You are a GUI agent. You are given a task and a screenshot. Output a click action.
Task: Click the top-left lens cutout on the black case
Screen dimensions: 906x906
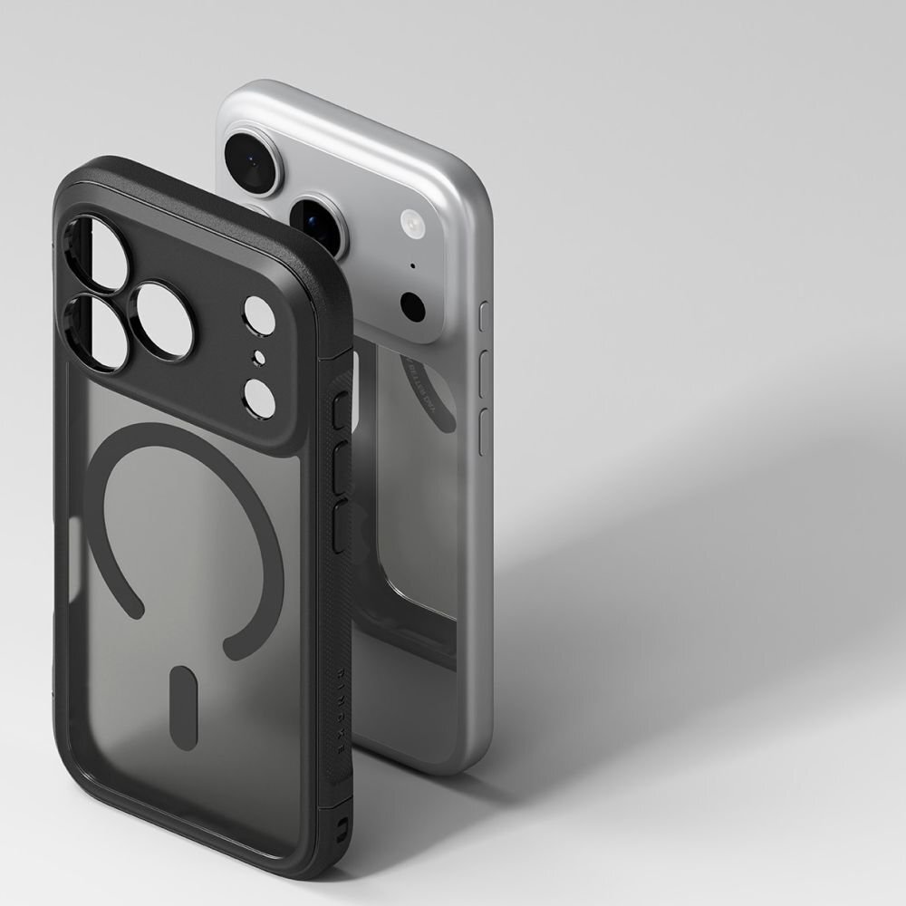click(97, 251)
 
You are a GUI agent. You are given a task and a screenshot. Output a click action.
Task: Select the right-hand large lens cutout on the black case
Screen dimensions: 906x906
click(163, 320)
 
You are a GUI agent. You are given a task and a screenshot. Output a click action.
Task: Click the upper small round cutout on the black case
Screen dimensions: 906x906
click(258, 315)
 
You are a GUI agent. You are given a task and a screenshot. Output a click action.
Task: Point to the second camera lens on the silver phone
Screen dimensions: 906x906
click(317, 223)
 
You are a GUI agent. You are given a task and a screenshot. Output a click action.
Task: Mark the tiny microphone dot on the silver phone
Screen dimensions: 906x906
click(413, 266)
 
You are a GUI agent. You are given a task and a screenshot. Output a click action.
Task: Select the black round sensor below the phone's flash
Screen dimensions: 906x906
click(413, 307)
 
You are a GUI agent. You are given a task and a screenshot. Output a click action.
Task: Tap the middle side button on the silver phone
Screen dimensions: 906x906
click(484, 371)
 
